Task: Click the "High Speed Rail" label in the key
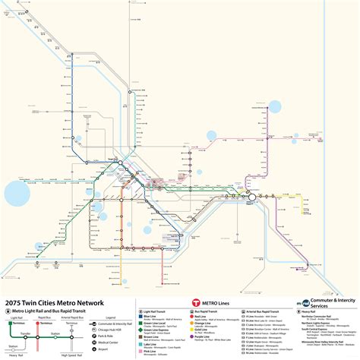tap(73, 354)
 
